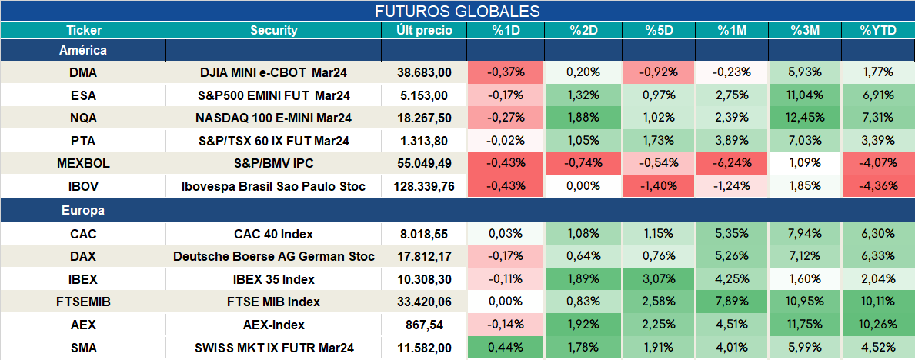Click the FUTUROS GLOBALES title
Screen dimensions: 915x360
pyautogui.click(x=457, y=12)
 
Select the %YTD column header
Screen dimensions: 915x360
pyautogui.click(x=877, y=31)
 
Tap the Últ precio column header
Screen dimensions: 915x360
pyautogui.click(x=424, y=31)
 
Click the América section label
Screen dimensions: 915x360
pyautogui.click(x=83, y=51)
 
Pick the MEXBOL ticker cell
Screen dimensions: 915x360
pyautogui.click(x=83, y=164)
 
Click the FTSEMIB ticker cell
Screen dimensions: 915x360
pyautogui.click(x=83, y=302)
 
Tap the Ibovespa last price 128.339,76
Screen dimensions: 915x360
pyautogui.click(x=424, y=187)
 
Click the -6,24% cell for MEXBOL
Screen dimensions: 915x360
pyautogui.click(x=731, y=164)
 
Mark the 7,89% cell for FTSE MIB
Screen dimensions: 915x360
pyautogui.click(x=731, y=302)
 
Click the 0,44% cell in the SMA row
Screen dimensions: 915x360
pyautogui.click(x=506, y=348)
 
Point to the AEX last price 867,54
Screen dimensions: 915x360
pyautogui.click(x=424, y=325)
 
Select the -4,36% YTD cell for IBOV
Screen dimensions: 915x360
pyautogui.click(x=877, y=187)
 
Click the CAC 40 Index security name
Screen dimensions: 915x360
pyautogui.click(x=274, y=234)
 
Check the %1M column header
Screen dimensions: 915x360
pyautogui.click(x=731, y=31)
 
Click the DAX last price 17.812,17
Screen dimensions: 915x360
pyautogui.click(x=424, y=256)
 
